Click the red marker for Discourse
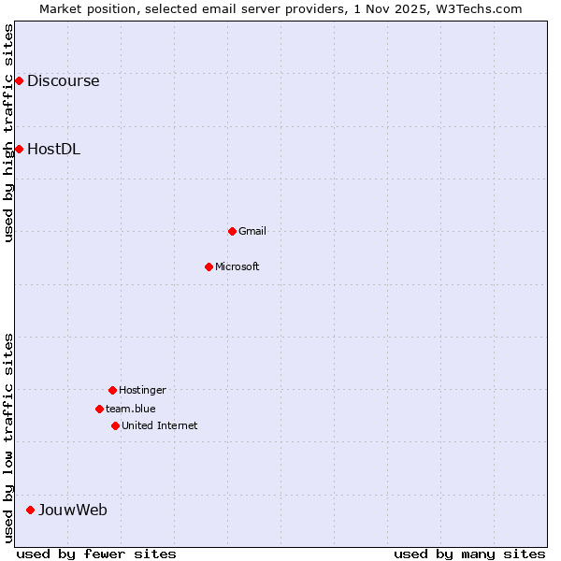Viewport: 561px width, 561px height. [19, 81]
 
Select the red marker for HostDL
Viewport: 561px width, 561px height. [19, 149]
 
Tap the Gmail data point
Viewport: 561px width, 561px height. [232, 231]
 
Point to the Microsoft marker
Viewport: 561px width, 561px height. [209, 266]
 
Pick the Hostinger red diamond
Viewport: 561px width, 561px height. [112, 390]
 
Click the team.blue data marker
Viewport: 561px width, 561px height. [99, 409]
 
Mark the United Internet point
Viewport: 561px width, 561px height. [115, 425]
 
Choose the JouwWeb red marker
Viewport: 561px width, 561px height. [30, 510]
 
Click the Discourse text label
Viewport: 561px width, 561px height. [63, 81]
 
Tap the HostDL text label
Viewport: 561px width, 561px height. [53, 149]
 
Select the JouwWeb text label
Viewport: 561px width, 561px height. [72, 510]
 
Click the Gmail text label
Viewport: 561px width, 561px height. [252, 231]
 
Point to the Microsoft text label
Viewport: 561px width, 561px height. [237, 266]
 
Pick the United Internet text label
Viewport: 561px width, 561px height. [160, 425]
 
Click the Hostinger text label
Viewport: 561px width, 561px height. [142, 390]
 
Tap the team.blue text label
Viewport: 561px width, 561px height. [131, 409]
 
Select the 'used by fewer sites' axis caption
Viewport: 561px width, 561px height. [96, 554]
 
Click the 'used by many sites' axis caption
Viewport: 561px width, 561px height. [469, 554]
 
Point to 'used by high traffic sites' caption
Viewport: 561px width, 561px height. [8, 133]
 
